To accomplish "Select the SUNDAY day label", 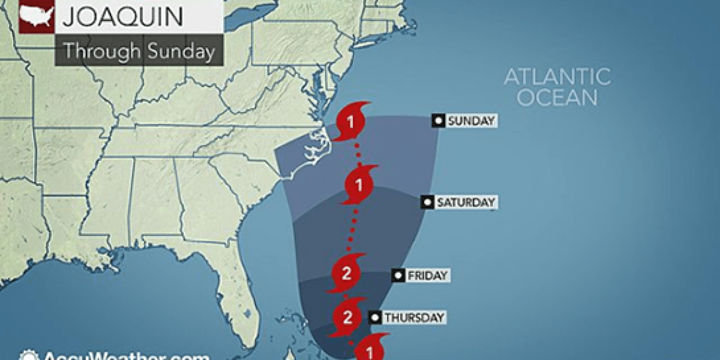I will click(x=472, y=121).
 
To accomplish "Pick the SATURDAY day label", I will click(x=466, y=202).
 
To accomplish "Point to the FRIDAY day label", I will click(x=427, y=276).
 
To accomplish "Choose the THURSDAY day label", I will click(x=413, y=317).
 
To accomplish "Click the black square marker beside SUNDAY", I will click(x=439, y=121).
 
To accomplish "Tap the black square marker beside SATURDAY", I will click(x=427, y=202).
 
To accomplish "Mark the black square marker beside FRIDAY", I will click(x=397, y=275).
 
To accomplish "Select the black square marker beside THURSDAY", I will click(x=374, y=317).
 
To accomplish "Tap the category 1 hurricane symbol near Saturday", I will click(x=360, y=185).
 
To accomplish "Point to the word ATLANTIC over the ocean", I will click(x=557, y=77).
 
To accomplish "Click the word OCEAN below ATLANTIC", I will click(x=557, y=98).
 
